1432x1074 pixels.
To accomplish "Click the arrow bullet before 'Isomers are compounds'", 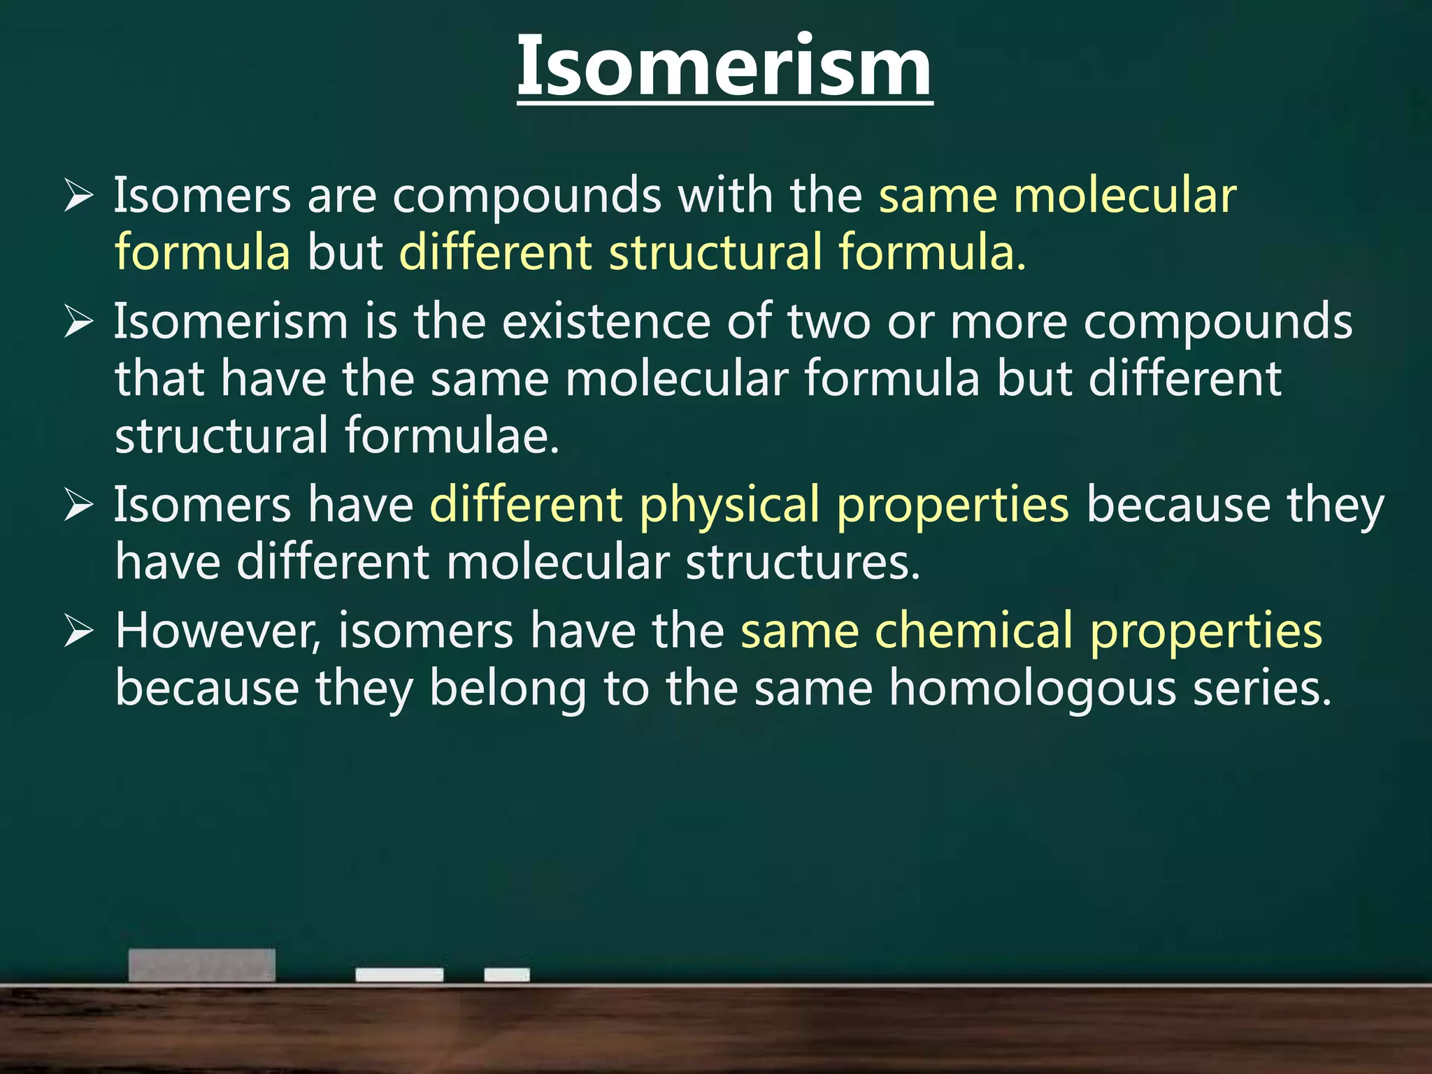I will coord(78,195).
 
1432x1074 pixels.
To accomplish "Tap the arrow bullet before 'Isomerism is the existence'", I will coord(78,322).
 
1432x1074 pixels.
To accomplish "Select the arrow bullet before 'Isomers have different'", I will coord(78,505).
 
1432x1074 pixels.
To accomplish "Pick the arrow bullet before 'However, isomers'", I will coord(78,631).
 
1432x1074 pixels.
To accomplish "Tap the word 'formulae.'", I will coord(452,436).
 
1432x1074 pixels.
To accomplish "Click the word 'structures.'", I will coord(803,562).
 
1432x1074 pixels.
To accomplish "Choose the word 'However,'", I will coord(217,631).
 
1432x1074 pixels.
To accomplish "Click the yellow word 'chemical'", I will coord(974,631).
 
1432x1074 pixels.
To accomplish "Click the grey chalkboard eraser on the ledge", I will coord(201,965).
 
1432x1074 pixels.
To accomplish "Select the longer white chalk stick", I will coord(399,975).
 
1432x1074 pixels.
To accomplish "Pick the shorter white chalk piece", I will coord(506,975).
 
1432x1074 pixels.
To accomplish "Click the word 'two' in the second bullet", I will coord(829,322).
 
